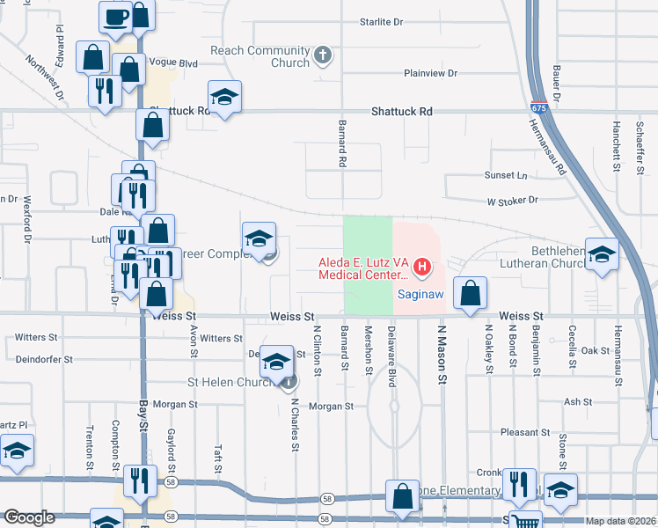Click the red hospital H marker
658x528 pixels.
tap(422, 266)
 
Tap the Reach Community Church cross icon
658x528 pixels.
tap(323, 55)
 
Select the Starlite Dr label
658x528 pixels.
tap(381, 21)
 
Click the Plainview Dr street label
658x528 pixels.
tap(430, 73)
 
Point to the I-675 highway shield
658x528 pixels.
tap(536, 107)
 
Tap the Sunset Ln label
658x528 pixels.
tap(509, 176)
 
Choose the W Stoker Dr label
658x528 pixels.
tap(508, 201)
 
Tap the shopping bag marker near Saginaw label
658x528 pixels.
tap(471, 292)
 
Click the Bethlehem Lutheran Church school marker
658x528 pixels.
tap(602, 254)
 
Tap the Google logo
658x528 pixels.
tap(30, 517)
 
